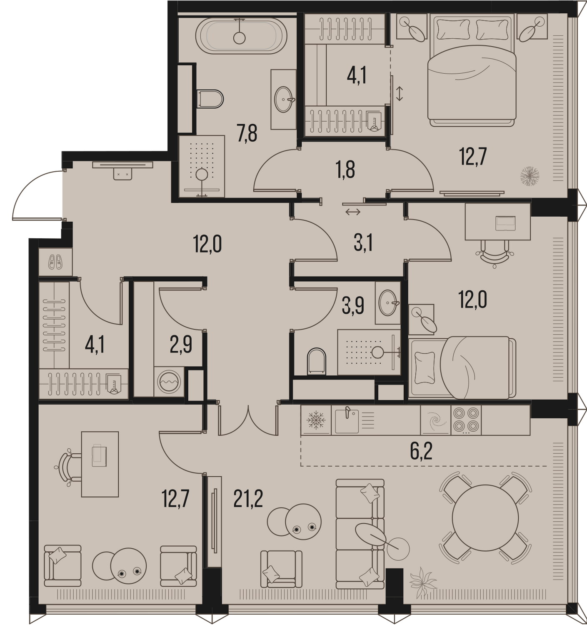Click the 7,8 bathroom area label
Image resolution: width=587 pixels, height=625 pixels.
tap(247, 133)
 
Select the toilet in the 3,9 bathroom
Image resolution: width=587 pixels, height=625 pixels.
tap(316, 361)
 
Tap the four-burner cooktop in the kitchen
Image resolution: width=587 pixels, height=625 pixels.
tap(466, 420)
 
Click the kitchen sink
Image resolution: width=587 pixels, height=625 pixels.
tap(347, 420)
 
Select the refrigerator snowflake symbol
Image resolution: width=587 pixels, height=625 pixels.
tap(316, 420)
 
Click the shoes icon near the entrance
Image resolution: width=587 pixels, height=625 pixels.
tap(55, 262)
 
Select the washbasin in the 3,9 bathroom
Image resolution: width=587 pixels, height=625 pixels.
tap(388, 302)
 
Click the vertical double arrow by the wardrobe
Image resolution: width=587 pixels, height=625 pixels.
tap(400, 94)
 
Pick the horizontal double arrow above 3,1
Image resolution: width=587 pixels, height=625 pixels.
tap(353, 212)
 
